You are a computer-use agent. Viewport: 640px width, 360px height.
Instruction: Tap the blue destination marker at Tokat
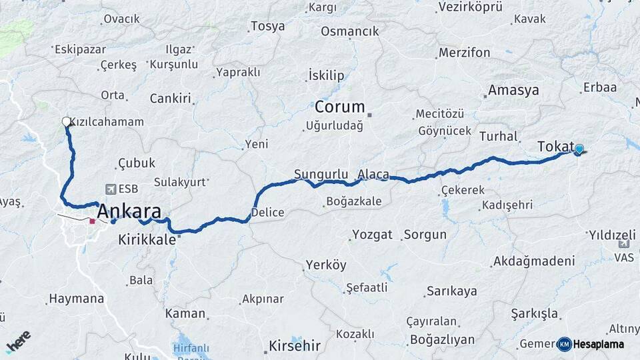(579, 149)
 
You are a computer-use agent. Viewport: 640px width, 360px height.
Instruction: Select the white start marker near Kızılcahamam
(66, 121)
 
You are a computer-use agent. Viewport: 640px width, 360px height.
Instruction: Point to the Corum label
(339, 107)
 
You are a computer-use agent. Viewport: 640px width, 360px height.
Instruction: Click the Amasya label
(513, 90)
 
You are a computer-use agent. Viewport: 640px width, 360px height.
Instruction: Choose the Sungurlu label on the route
(321, 175)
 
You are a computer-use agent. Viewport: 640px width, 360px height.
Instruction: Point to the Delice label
(267, 213)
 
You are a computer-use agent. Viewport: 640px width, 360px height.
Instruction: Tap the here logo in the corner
(19, 341)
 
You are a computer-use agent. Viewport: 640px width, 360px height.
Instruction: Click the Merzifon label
(464, 53)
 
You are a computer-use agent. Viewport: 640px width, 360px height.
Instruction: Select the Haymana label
(77, 300)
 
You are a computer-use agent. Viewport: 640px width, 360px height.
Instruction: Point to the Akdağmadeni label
(533, 261)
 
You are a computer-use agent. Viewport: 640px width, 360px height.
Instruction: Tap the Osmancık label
(349, 31)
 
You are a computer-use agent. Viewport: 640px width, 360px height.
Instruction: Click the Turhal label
(498, 136)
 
